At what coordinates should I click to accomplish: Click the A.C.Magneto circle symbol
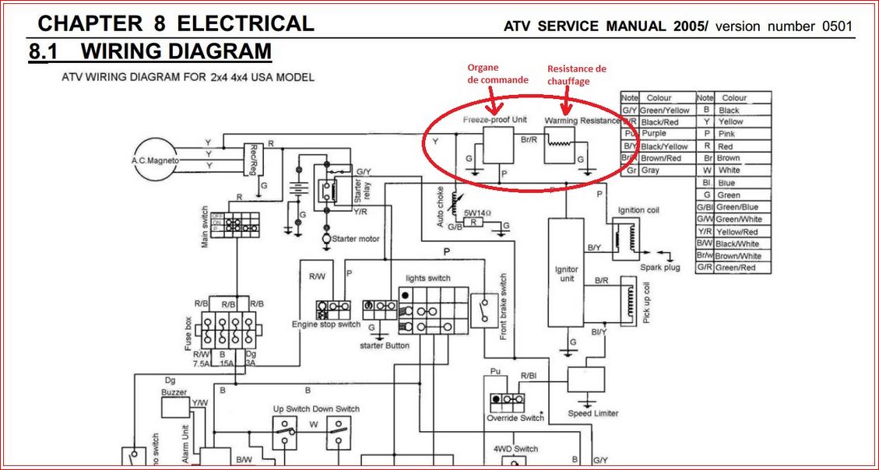pyautogui.click(x=154, y=161)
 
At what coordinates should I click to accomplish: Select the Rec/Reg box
pyautogui.click(x=254, y=160)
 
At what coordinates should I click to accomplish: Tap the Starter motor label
pyautogui.click(x=356, y=238)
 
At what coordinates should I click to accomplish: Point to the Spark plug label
pyautogui.click(x=660, y=268)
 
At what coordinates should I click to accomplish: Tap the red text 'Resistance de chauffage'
pyautogui.click(x=576, y=75)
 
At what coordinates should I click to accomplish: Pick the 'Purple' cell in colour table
pyautogui.click(x=654, y=134)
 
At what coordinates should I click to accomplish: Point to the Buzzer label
pyautogui.click(x=174, y=393)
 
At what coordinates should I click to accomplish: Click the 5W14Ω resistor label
pyautogui.click(x=475, y=212)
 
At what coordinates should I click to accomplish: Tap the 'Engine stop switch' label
pyautogui.click(x=326, y=324)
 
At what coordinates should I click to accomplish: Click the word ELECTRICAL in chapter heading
pyautogui.click(x=245, y=23)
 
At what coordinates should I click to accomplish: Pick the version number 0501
pyautogui.click(x=837, y=26)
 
